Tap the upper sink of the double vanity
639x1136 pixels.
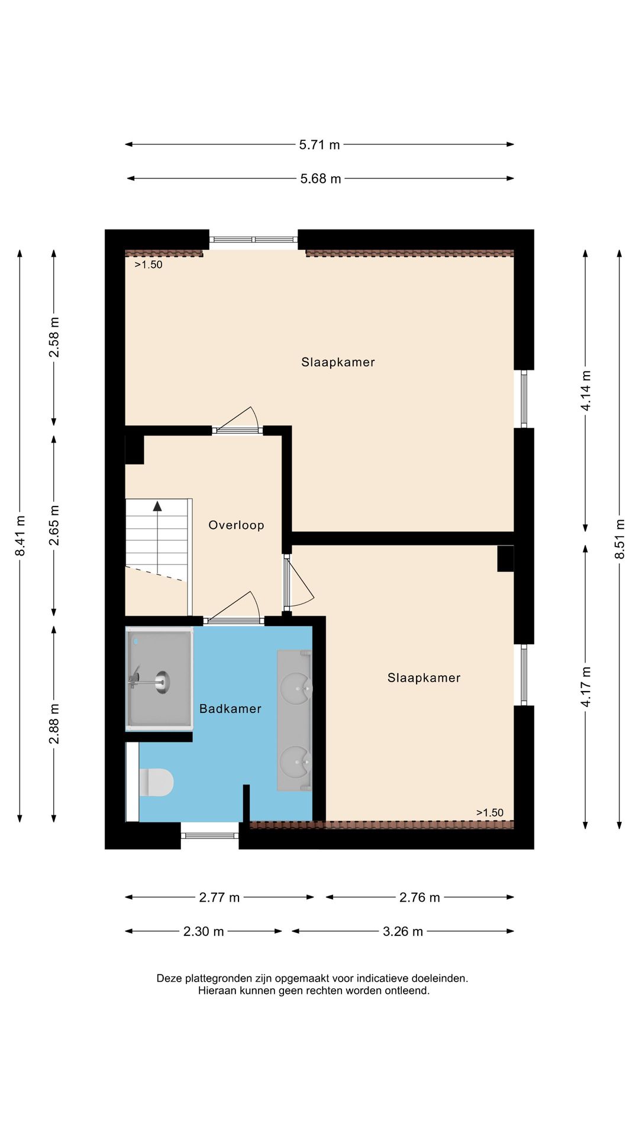click(295, 688)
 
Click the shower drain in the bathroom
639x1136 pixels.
click(162, 682)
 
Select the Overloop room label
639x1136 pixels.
click(236, 525)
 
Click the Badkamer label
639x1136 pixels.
click(230, 709)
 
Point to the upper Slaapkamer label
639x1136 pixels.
click(338, 362)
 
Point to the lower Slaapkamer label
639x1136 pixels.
click(424, 678)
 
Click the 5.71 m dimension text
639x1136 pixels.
click(319, 144)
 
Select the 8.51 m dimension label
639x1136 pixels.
click(619, 538)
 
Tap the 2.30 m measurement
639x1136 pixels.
click(204, 931)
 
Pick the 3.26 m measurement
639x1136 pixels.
click(403, 931)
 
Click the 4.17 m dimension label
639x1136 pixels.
click(586, 686)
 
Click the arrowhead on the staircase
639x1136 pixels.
click(157, 506)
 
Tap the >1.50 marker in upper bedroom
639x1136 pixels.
click(149, 264)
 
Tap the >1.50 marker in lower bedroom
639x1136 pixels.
click(490, 812)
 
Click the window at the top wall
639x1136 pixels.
click(253, 240)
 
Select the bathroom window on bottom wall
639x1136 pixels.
click(209, 835)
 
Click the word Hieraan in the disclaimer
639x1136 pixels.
click(217, 990)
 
